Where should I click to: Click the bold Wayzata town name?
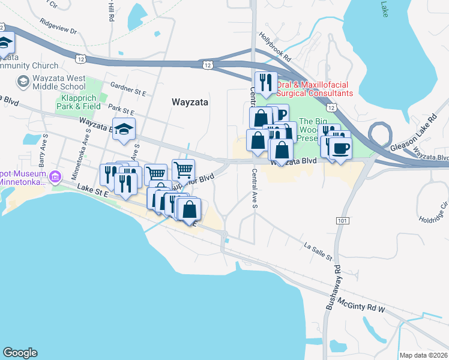tap(190, 102)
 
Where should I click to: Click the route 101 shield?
tap(342, 221)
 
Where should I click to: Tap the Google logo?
tap(20, 353)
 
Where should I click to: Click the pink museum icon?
tap(55, 176)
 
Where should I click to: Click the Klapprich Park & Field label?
tap(79, 102)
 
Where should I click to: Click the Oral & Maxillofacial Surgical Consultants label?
tap(315, 89)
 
